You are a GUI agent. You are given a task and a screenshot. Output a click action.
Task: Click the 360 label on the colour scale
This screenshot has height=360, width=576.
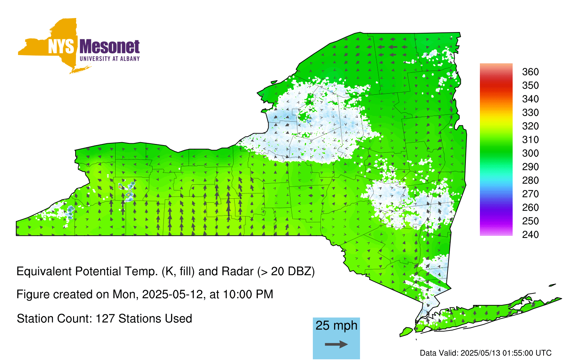(x=530, y=72)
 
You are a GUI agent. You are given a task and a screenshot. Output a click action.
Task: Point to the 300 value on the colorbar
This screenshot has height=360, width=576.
(x=530, y=153)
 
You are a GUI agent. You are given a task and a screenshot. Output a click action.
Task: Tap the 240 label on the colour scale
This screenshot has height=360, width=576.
(x=530, y=234)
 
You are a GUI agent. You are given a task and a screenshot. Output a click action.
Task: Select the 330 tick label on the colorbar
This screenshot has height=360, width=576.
(x=530, y=112)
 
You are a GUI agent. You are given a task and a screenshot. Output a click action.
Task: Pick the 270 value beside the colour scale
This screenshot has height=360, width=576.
(x=530, y=194)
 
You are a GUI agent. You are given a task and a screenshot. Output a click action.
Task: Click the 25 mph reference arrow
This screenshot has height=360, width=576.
(x=336, y=344)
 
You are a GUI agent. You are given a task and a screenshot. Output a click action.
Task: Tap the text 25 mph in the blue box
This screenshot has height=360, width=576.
(x=336, y=325)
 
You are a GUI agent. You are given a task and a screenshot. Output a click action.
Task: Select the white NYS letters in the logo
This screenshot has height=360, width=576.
(x=61, y=46)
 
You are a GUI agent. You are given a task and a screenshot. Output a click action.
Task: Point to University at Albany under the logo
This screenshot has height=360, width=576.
(x=110, y=59)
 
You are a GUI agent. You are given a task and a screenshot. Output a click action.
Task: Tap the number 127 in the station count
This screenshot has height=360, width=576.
(x=105, y=319)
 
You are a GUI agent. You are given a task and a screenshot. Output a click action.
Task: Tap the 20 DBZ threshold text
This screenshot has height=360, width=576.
(x=293, y=271)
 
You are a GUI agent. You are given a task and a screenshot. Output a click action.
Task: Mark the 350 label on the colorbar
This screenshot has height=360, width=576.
(x=530, y=85)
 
